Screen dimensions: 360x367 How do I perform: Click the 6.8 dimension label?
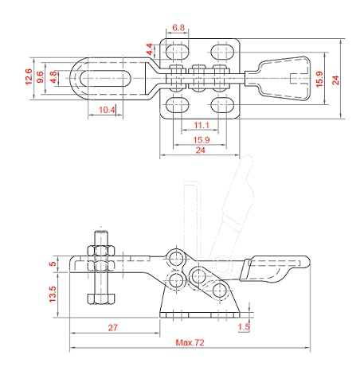(178, 27)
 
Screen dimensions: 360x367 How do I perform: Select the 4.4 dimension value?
(150, 49)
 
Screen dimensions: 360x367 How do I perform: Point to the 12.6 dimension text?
(29, 76)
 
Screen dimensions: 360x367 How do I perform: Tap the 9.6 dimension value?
(40, 76)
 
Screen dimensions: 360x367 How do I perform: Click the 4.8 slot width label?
(53, 77)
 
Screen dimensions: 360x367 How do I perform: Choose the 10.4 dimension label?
(107, 110)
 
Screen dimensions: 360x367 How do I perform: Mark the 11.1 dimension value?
(202, 125)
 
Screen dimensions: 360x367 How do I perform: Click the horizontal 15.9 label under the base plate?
(202, 140)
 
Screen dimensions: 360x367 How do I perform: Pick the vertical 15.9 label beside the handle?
(319, 79)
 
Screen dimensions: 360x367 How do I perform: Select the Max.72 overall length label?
(190, 342)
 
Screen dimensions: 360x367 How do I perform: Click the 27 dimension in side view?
(112, 327)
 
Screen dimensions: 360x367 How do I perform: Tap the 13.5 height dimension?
(53, 294)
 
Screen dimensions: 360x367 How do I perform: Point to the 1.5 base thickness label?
(244, 326)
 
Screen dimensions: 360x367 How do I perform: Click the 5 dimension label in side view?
(53, 264)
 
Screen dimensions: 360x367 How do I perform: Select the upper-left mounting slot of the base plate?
(178, 52)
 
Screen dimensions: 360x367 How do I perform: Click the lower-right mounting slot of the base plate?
(222, 105)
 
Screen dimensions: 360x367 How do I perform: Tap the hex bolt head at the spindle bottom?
(101, 299)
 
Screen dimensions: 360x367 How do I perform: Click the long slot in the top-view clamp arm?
(106, 79)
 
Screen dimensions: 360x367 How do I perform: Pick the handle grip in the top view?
(284, 79)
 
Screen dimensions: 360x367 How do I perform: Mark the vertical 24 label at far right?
(335, 80)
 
